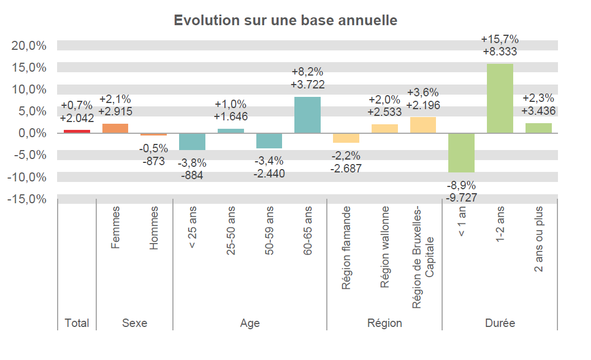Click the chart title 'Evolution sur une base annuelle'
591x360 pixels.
pyautogui.click(x=285, y=20)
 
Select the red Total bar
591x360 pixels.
pyautogui.click(x=77, y=131)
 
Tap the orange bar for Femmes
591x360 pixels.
pyautogui.click(x=115, y=128)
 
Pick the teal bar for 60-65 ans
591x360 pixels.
pyautogui.click(x=308, y=115)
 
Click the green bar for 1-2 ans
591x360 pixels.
pyautogui.click(x=500, y=99)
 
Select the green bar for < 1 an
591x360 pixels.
pyautogui.click(x=462, y=152)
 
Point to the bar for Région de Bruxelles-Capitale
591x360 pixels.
pyautogui.click(x=423, y=125)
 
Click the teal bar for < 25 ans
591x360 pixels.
pyautogui.click(x=192, y=142)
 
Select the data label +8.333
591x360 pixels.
pyautogui.click(x=500, y=52)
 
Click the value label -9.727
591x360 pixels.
pyautogui.click(x=462, y=197)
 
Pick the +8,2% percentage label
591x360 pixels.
pyautogui.click(x=308, y=73)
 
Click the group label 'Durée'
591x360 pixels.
pyautogui.click(x=500, y=323)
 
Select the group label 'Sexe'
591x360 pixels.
pyautogui.click(x=134, y=323)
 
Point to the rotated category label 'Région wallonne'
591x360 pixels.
pyautogui.click(x=384, y=247)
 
